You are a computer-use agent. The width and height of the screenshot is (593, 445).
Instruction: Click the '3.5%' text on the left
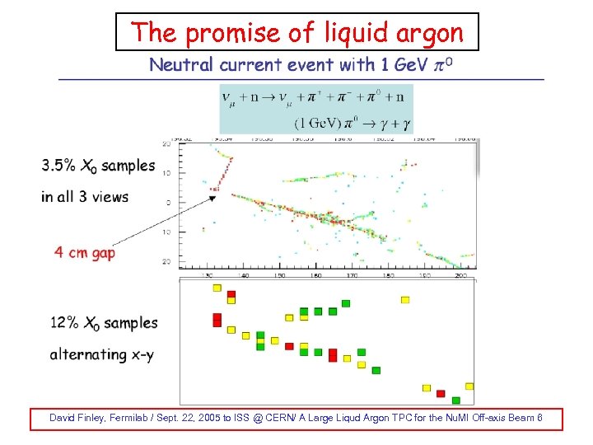coord(58,166)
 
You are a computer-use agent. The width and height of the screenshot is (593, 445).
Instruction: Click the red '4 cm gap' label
coord(85,252)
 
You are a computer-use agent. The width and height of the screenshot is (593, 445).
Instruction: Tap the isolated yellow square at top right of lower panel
coord(404,300)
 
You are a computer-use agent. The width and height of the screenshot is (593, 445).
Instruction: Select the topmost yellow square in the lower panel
coord(217,288)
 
